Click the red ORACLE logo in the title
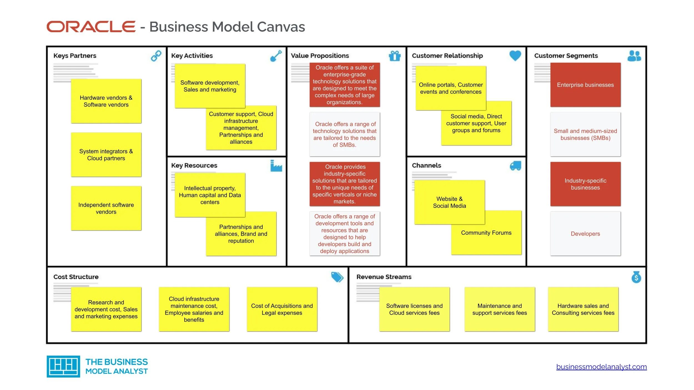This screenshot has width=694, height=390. pyautogui.click(x=91, y=27)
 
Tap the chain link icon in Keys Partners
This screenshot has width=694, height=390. pyautogui.click(x=156, y=56)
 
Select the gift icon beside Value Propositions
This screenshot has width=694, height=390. pyautogui.click(x=394, y=56)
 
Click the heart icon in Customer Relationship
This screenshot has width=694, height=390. pyautogui.click(x=515, y=56)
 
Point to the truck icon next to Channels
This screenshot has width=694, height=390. pyautogui.click(x=515, y=166)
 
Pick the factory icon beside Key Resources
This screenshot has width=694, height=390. pyautogui.click(x=276, y=166)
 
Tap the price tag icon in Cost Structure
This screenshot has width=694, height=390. pyautogui.click(x=337, y=277)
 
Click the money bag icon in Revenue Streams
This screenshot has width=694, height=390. pyautogui.click(x=636, y=277)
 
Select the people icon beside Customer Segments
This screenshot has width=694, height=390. pyautogui.click(x=634, y=56)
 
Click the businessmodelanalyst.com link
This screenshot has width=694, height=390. pyautogui.click(x=601, y=367)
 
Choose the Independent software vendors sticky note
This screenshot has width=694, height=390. pyautogui.click(x=106, y=208)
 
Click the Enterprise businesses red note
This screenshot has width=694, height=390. pyautogui.click(x=585, y=85)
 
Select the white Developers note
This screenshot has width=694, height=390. pyautogui.click(x=585, y=234)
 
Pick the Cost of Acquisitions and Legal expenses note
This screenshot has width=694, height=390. pyautogui.click(x=282, y=309)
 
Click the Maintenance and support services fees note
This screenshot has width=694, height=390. pyautogui.click(x=499, y=309)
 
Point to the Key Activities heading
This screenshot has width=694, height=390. pyautogui.click(x=192, y=56)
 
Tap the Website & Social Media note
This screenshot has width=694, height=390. pyautogui.click(x=449, y=202)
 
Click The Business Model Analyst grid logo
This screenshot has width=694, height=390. pyautogui.click(x=63, y=366)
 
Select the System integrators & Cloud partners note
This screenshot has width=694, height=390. pyautogui.click(x=106, y=155)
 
